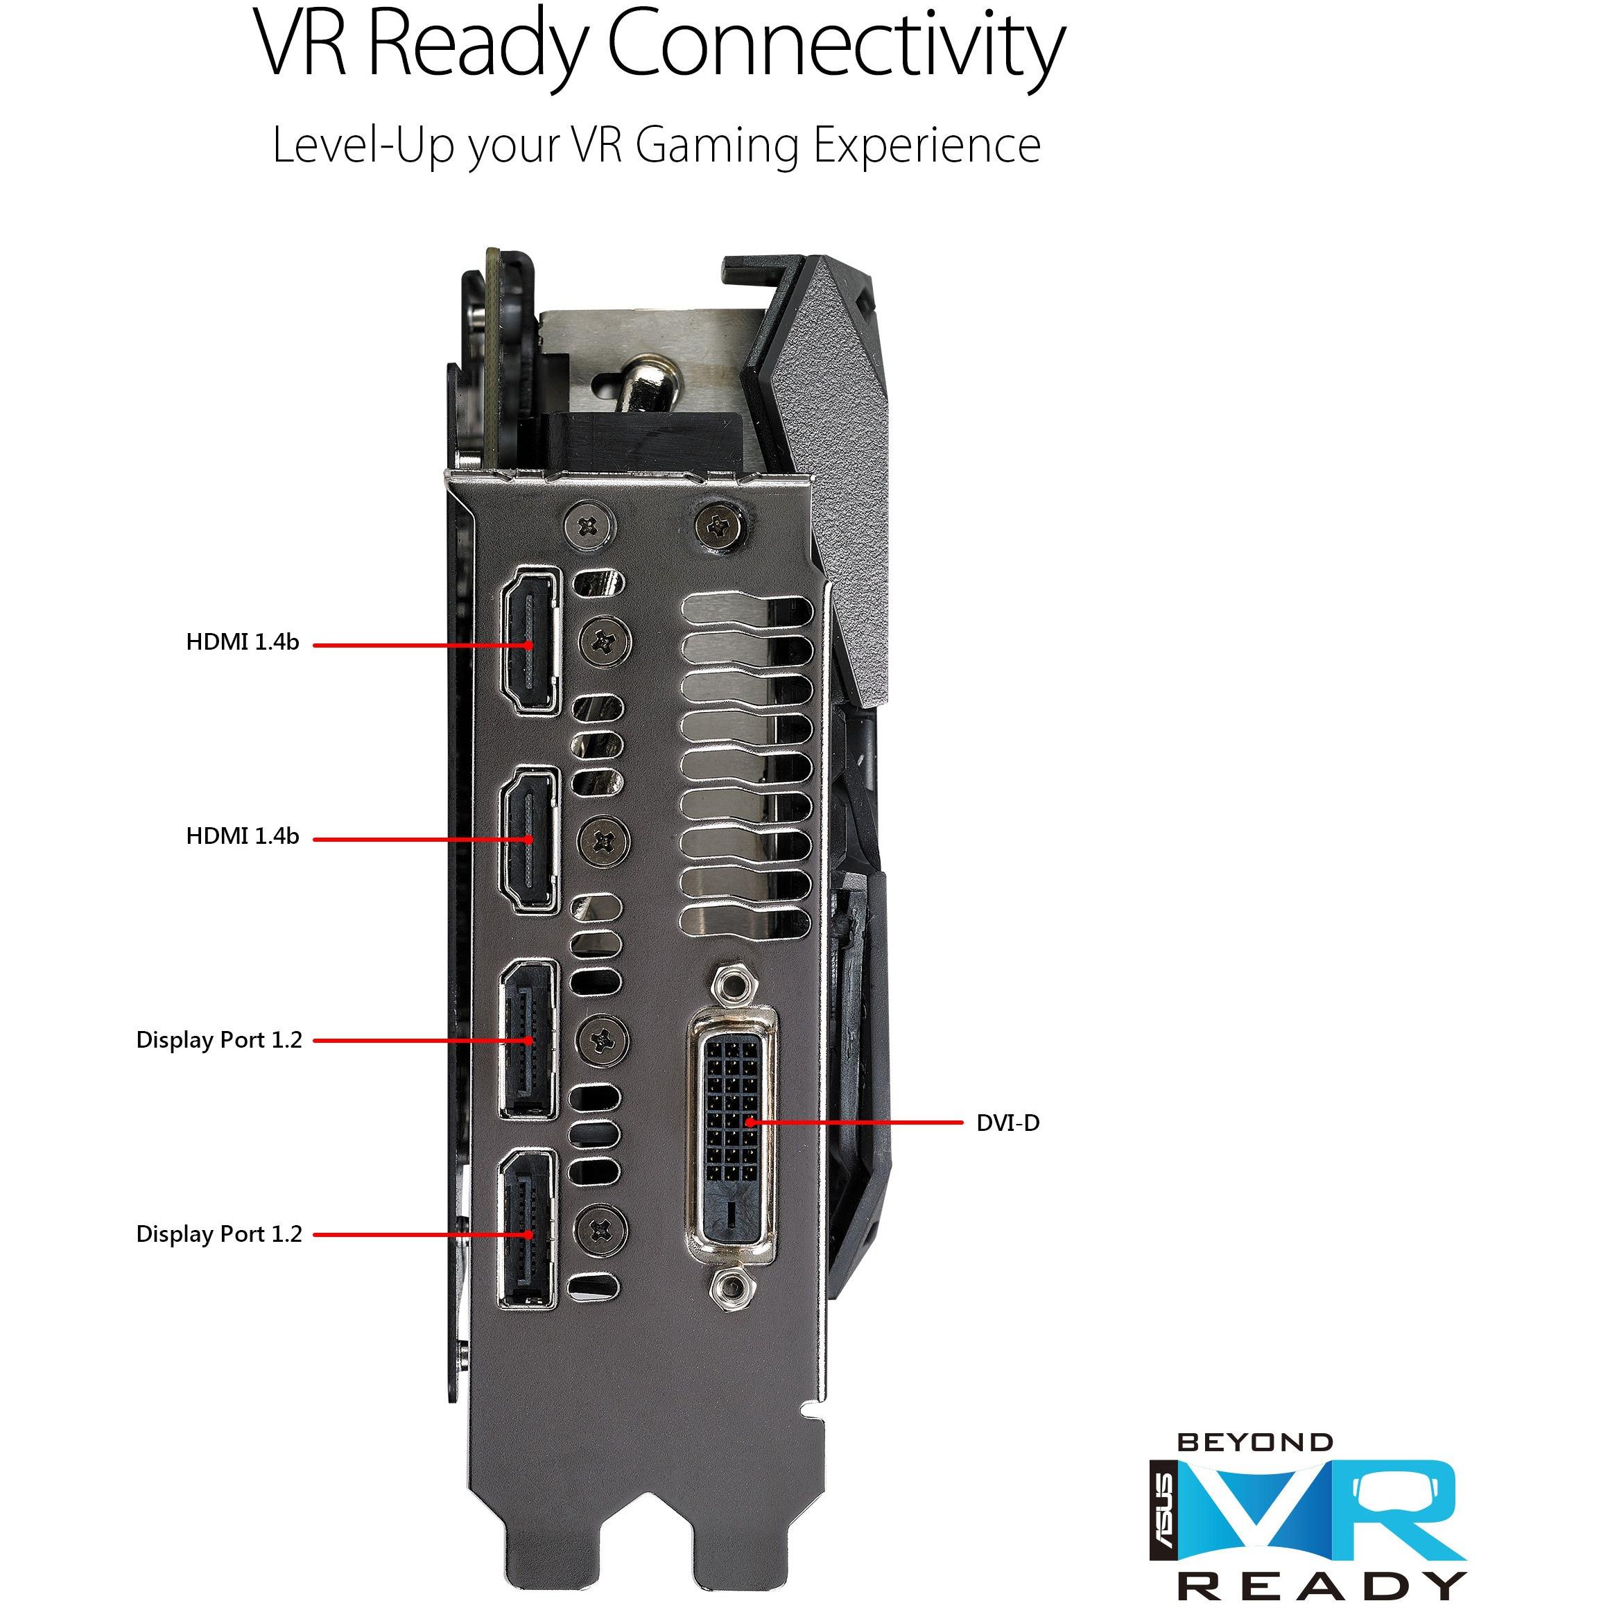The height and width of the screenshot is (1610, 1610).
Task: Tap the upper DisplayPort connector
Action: pos(528,1039)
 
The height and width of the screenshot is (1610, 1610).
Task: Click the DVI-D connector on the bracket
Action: pos(731,1136)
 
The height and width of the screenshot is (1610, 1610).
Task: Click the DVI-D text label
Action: pos(1007,1123)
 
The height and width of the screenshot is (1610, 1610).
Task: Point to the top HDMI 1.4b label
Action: pos(242,641)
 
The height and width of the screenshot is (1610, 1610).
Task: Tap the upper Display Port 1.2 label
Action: pos(219,1040)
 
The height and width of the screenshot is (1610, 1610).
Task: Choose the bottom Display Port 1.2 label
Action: pos(219,1234)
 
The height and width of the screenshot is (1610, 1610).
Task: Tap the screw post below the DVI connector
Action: pos(730,1285)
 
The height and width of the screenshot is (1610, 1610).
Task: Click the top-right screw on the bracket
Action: pos(718,525)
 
